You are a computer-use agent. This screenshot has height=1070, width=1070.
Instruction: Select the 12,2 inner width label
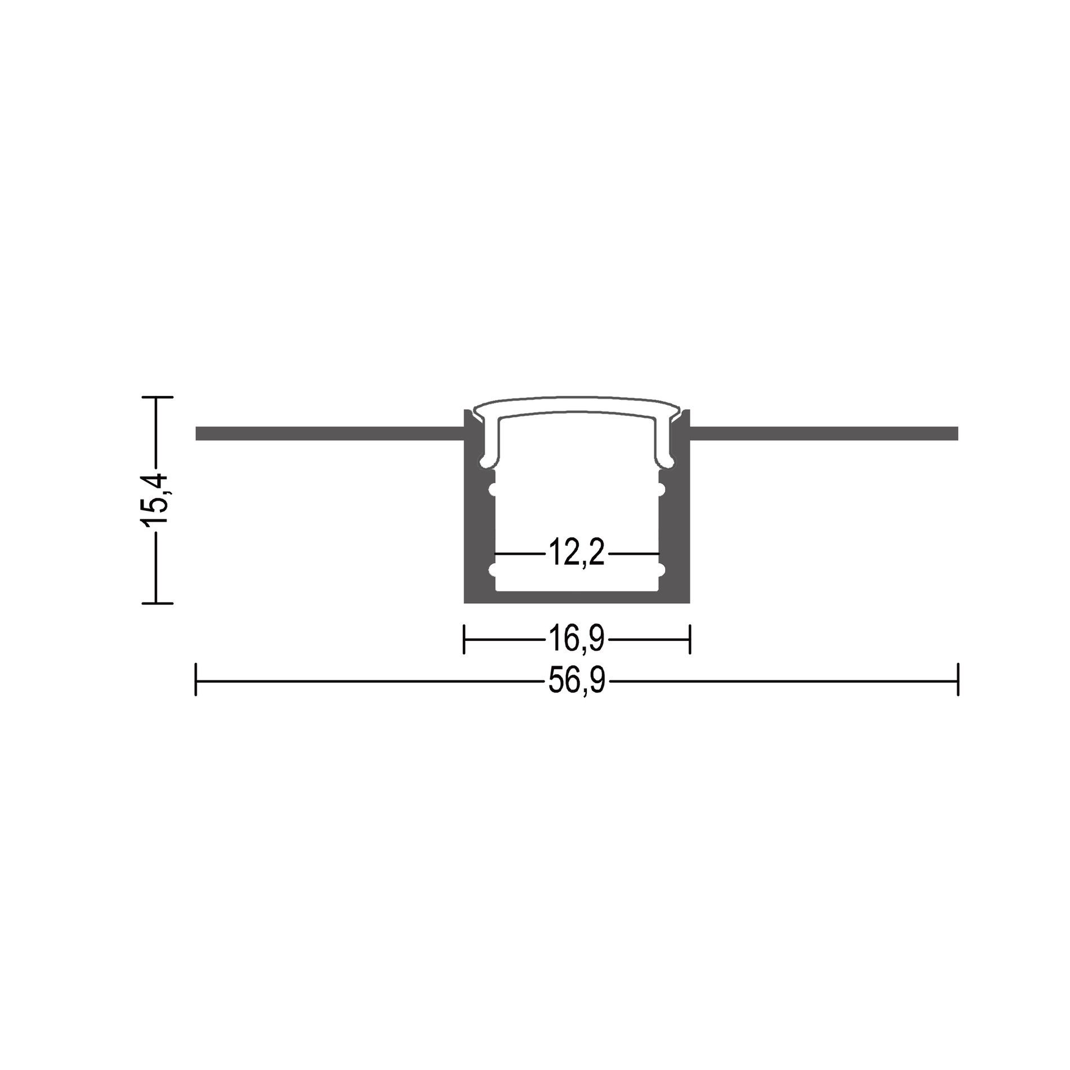(576, 554)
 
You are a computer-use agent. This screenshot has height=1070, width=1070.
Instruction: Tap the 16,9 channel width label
(576, 639)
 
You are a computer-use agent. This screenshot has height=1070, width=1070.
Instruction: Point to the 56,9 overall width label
(576, 681)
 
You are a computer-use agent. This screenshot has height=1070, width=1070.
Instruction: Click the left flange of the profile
(329, 434)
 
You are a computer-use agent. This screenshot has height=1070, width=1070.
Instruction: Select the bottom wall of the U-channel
(577, 597)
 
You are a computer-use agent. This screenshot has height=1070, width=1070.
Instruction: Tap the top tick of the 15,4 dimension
(157, 398)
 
